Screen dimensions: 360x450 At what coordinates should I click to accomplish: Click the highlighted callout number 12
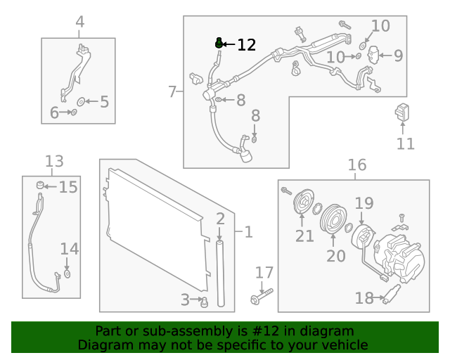pyautogui.click(x=247, y=45)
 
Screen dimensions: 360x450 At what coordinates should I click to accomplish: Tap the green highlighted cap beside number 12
pyautogui.click(x=219, y=44)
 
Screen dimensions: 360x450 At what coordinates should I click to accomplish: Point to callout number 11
pyautogui.click(x=406, y=144)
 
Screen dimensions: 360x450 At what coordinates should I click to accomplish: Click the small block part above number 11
pyautogui.click(x=402, y=112)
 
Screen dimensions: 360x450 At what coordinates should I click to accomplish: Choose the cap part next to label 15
pyautogui.click(x=41, y=186)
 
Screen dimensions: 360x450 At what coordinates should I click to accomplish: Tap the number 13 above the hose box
pyautogui.click(x=54, y=162)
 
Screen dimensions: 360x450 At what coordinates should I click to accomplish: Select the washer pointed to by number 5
pyautogui.click(x=81, y=102)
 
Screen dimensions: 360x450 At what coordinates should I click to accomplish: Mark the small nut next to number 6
pyautogui.click(x=74, y=112)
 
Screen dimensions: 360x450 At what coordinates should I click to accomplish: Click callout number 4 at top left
pyautogui.click(x=79, y=22)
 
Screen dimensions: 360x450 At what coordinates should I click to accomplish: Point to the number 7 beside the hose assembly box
pyautogui.click(x=172, y=91)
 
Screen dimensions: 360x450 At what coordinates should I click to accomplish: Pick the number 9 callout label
pyautogui.click(x=398, y=56)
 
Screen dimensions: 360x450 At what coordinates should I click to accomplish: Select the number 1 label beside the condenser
pyautogui.click(x=247, y=231)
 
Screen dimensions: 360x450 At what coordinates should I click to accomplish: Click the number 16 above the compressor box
pyautogui.click(x=357, y=165)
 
